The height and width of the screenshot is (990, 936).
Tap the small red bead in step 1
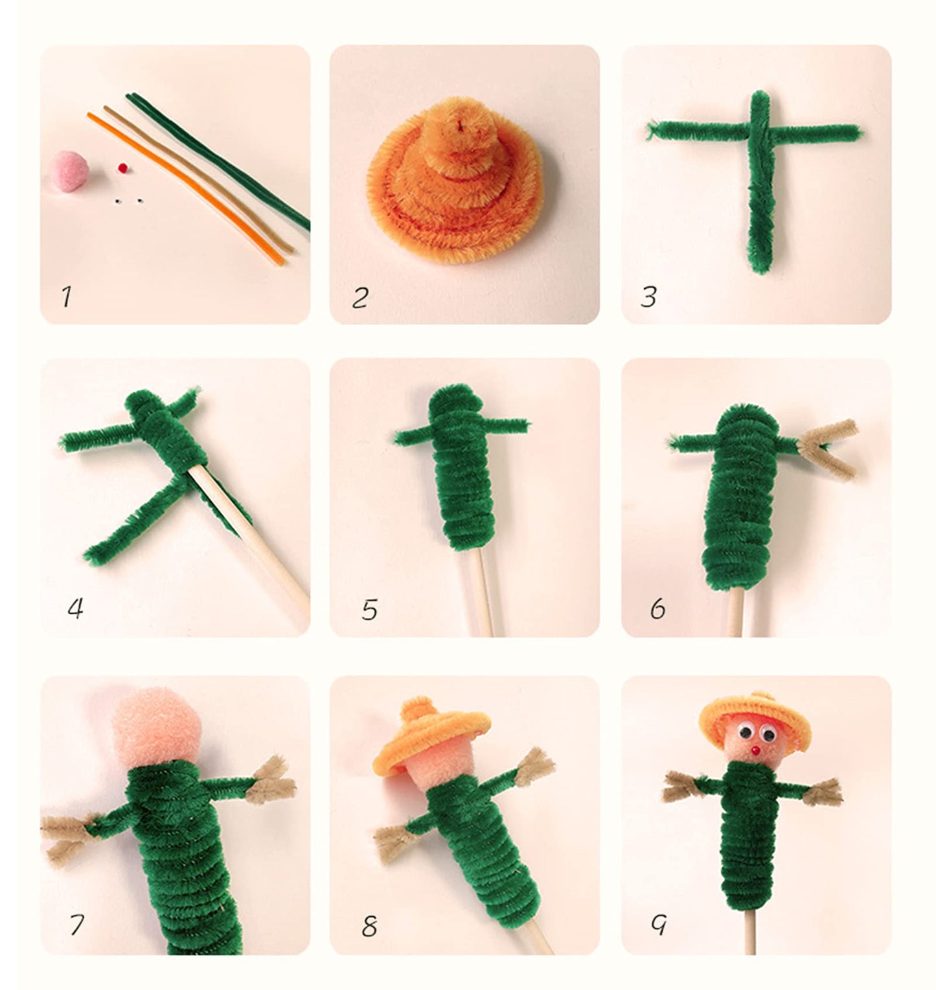point(120,168)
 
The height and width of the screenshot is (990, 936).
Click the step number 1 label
point(66,297)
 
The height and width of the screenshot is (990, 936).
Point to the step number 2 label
point(360,298)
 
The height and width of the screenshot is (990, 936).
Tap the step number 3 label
point(648,297)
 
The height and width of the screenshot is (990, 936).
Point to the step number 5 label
point(369,609)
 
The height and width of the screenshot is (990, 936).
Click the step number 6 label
point(657,609)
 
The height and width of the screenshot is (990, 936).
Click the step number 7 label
point(76,925)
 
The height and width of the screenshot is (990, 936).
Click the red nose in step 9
point(755,750)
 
